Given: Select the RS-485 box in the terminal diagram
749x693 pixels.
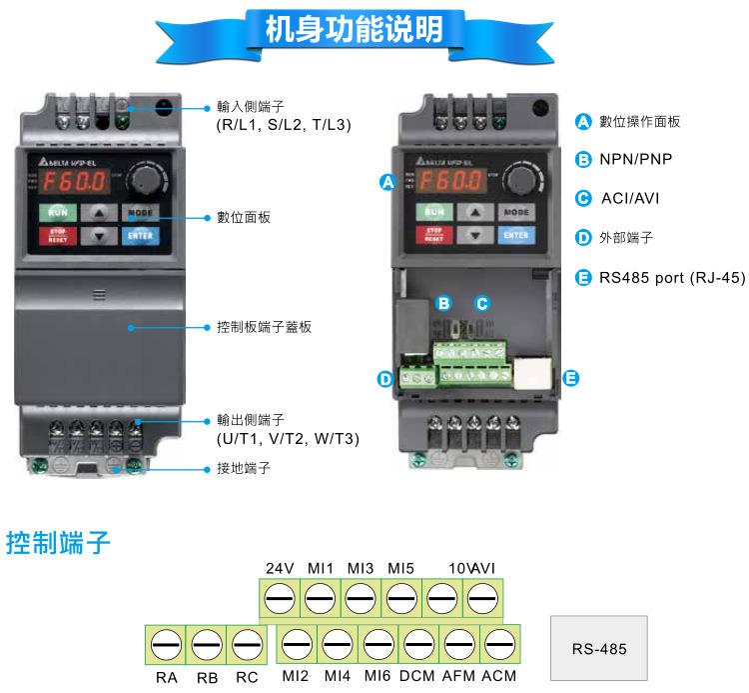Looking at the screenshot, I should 599,648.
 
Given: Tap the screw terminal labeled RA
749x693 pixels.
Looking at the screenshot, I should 166,644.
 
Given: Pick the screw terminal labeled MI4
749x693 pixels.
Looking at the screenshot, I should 337,644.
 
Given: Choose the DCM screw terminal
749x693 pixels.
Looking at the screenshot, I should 418,644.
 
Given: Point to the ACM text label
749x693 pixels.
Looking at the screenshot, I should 498,676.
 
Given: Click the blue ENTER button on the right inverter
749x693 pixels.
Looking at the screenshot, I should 515,235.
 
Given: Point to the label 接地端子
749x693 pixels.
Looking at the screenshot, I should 243,467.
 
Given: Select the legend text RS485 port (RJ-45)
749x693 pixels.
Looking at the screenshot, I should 671,277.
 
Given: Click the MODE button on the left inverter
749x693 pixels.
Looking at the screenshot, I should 141,212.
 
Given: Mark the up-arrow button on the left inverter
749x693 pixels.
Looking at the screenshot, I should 98,212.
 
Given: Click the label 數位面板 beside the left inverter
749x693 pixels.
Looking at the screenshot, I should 243,217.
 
